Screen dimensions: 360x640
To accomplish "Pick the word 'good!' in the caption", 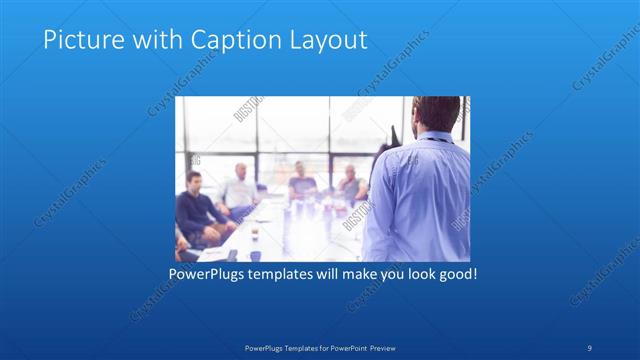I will pyautogui.click(x=456, y=273).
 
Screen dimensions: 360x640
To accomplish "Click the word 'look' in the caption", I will pyautogui.click(x=416, y=273).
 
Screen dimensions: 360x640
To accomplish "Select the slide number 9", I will pyautogui.click(x=589, y=347).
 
